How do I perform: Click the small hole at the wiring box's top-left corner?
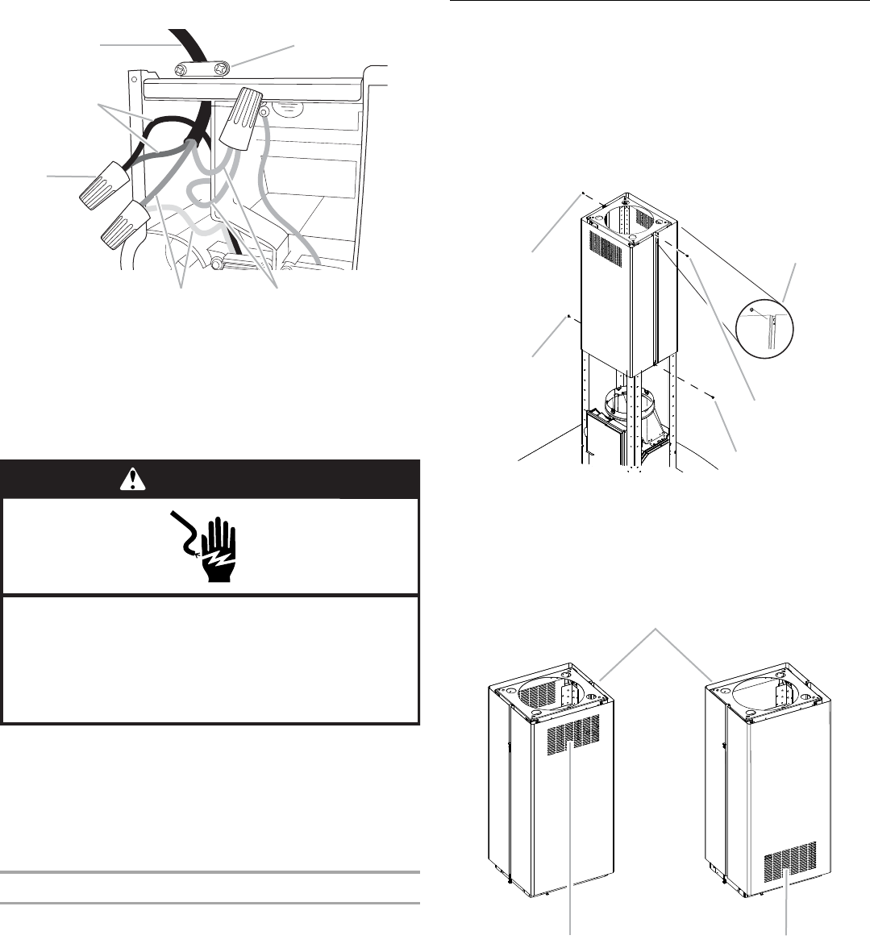click(135, 80)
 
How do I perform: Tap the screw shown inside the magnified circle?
click(751, 310)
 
